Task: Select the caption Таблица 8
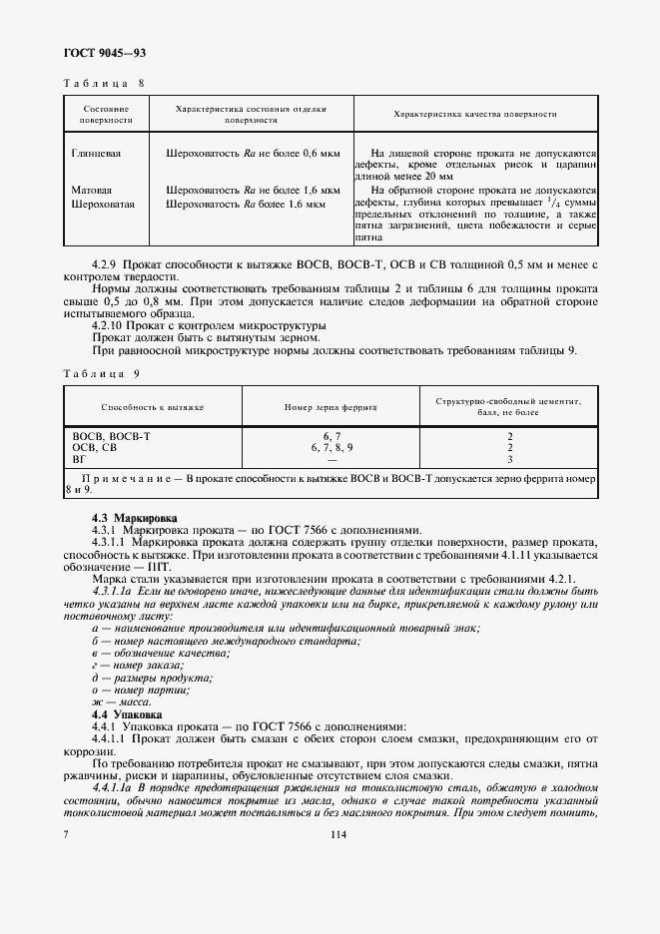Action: click(104, 84)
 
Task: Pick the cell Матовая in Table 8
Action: click(92, 189)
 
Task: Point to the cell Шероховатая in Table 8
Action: click(103, 204)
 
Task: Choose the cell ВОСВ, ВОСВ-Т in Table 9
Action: click(111, 436)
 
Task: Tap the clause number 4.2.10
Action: click(110, 325)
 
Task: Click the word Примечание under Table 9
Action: click(131, 479)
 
